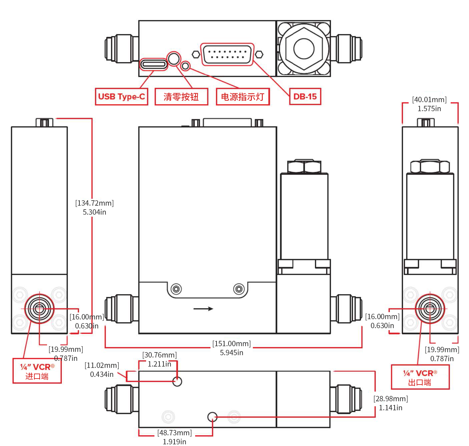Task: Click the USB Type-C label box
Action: pyautogui.click(x=121, y=96)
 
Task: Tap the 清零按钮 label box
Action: pyautogui.click(x=181, y=96)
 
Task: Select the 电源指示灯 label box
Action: pyautogui.click(x=243, y=96)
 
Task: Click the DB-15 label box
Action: pyautogui.click(x=305, y=96)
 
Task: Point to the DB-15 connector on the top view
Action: pyautogui.click(x=227, y=54)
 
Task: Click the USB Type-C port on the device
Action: pyautogui.click(x=153, y=64)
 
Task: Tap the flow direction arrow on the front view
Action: pyautogui.click(x=203, y=309)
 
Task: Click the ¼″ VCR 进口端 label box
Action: pyautogui.click(x=37, y=371)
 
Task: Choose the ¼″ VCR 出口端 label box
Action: pyautogui.click(x=420, y=377)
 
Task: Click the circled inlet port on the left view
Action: pyautogui.click(x=39, y=309)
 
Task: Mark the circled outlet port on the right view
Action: pyautogui.click(x=430, y=309)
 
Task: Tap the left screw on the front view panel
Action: pyautogui.click(x=176, y=289)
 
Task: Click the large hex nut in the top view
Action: pyautogui.click(x=304, y=48)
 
